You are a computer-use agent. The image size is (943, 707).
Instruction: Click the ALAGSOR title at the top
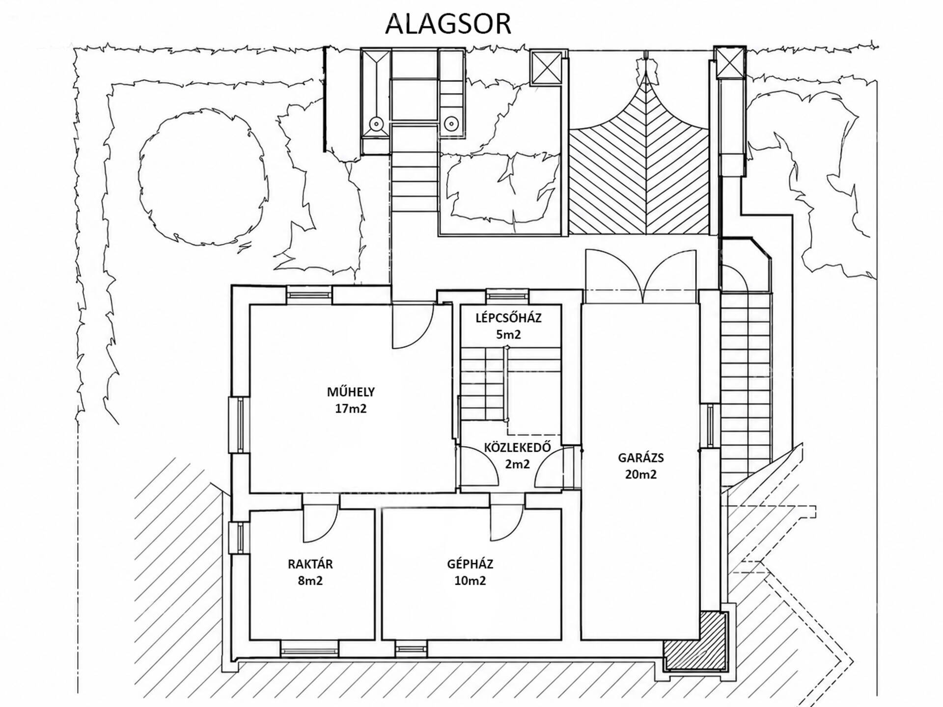click(x=448, y=24)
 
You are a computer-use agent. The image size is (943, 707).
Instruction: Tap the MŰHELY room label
click(x=351, y=392)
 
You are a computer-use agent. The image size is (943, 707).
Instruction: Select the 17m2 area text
click(x=351, y=408)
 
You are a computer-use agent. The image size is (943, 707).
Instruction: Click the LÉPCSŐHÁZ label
click(x=508, y=318)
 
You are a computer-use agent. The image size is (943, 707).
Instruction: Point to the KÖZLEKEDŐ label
click(x=517, y=447)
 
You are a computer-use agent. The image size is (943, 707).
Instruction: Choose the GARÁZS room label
click(x=640, y=458)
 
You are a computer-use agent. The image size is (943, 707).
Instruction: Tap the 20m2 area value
click(x=640, y=474)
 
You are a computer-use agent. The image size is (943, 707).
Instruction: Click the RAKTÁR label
click(x=310, y=564)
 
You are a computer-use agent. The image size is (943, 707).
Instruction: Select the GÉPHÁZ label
click(x=470, y=564)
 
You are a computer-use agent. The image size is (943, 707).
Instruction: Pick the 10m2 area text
click(x=470, y=581)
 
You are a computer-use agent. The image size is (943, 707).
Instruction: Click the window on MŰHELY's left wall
click(x=240, y=424)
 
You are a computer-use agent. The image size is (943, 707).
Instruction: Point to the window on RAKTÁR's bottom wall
click(x=309, y=649)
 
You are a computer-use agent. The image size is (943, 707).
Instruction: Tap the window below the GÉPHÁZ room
click(x=411, y=649)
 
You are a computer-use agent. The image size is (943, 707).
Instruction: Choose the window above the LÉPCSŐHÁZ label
click(x=508, y=296)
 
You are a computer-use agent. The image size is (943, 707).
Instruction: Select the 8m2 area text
click(x=310, y=581)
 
